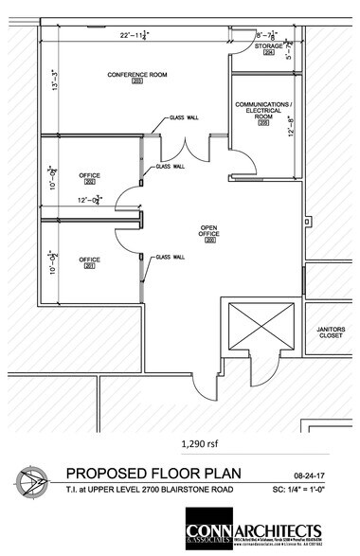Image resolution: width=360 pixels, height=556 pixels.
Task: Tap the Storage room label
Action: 270,45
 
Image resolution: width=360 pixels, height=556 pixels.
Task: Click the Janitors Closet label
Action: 331,332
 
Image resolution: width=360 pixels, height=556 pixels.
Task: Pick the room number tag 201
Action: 90,267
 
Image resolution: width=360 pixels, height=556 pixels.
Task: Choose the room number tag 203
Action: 136,82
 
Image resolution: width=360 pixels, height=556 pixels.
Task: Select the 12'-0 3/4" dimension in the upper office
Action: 92,200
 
